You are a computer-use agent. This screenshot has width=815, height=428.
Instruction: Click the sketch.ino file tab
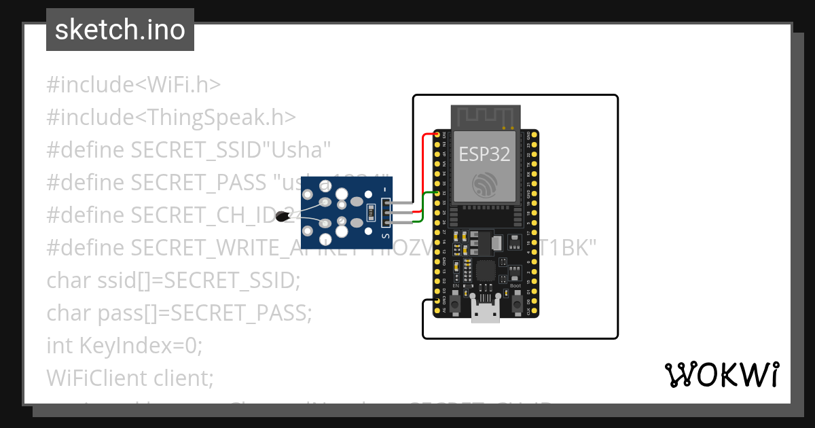click(x=120, y=30)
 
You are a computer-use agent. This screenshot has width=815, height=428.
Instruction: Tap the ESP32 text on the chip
click(x=484, y=154)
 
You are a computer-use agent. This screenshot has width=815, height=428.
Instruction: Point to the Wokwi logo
click(x=721, y=375)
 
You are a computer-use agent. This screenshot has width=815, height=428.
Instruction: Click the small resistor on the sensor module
click(x=370, y=211)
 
